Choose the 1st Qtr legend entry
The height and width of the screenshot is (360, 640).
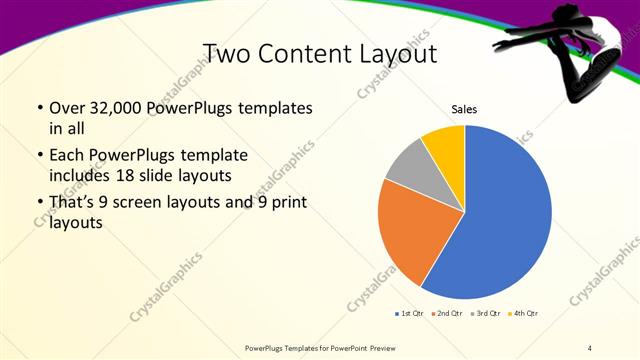409,313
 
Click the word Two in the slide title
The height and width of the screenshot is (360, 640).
227,52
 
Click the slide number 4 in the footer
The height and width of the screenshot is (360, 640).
590,347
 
